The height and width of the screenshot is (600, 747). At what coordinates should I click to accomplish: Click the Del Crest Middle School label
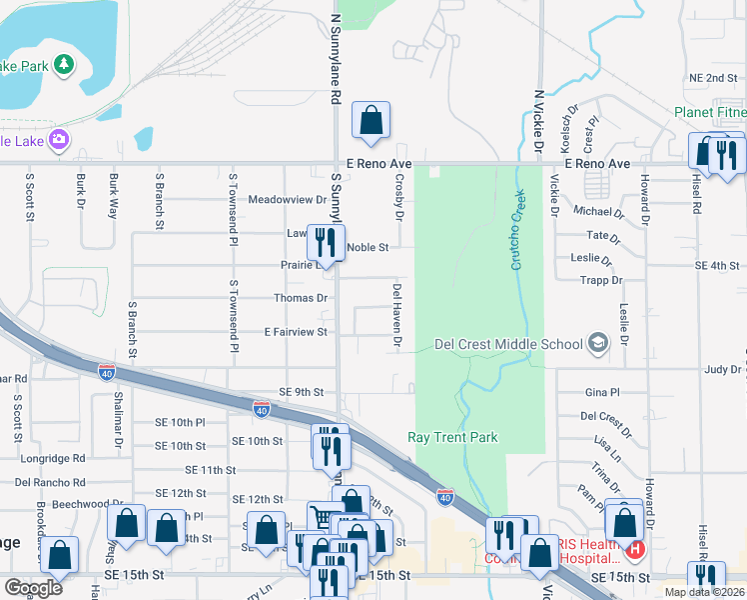coord(508,345)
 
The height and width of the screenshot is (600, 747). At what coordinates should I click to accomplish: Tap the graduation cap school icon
coord(597,344)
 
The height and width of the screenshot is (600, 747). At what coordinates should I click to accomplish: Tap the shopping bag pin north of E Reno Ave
coord(371,122)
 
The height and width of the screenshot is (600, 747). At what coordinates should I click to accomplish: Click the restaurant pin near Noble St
coord(324,241)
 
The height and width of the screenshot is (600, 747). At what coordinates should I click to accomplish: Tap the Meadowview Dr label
coord(288,200)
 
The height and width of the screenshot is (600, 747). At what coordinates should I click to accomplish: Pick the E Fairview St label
coord(295,332)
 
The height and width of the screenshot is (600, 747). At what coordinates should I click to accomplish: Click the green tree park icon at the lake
coord(64,65)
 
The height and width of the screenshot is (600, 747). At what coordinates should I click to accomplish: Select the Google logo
coord(33,587)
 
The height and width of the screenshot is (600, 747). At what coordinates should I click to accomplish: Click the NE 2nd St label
coord(712,78)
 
